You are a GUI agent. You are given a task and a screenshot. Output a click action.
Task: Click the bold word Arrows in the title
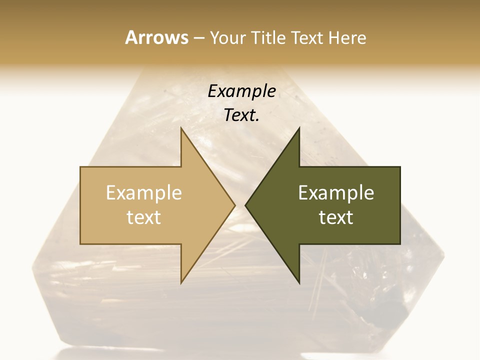156,37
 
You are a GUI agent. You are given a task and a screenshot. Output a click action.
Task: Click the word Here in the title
346,37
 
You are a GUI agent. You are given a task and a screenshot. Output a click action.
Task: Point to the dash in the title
198,38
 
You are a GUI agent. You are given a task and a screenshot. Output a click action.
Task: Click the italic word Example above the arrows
241,91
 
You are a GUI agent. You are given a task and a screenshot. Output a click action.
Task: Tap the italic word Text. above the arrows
241,115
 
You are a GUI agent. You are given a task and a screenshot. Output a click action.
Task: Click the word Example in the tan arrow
144,193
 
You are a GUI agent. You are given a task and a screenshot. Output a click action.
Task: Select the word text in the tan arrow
144,217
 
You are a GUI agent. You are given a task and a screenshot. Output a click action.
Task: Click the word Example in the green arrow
336,193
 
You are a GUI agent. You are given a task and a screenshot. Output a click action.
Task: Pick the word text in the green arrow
336,217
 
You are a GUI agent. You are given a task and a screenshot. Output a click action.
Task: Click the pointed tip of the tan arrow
235,205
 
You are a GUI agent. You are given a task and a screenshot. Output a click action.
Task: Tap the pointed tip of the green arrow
245,205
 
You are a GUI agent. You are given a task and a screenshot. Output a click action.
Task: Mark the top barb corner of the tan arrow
181,128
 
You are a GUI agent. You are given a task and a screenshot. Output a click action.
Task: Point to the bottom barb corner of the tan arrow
181,283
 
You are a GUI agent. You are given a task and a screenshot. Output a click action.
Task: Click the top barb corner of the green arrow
299,128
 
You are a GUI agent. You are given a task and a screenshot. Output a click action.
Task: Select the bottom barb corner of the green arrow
299,283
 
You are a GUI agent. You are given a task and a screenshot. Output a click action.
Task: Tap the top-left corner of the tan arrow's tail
80,167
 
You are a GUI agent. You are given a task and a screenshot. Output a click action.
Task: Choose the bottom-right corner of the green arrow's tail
400,244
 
